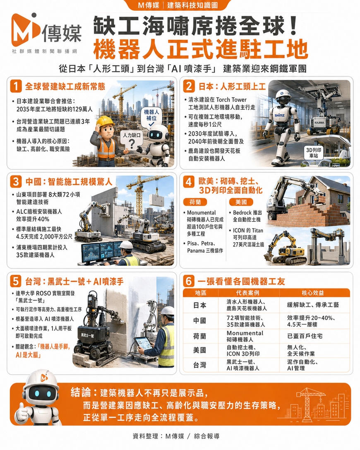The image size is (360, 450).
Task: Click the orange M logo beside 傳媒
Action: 25,29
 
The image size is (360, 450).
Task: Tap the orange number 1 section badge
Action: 16,86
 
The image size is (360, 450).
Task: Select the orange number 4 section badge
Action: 189,182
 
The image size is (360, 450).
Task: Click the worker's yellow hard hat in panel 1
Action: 105,121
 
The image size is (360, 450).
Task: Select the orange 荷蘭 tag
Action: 195,202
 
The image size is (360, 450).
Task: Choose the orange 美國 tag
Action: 241,202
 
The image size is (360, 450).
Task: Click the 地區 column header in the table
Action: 201,293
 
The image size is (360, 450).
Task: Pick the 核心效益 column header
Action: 313,293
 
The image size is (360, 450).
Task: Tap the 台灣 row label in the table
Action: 199,365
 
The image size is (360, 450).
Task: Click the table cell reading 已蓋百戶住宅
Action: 305,336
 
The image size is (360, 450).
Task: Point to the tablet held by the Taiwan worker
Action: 143,343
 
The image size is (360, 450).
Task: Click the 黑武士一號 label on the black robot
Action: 87,335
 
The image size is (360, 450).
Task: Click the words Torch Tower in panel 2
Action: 231,100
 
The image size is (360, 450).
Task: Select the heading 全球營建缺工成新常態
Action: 65,87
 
